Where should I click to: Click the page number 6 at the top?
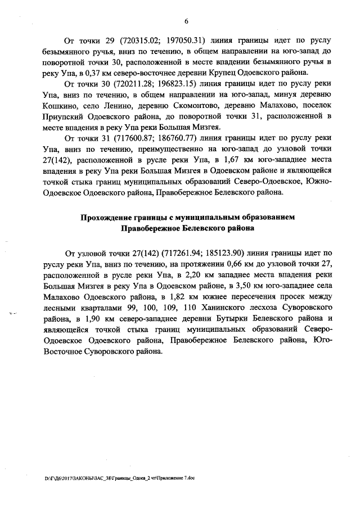coord(186,21)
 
